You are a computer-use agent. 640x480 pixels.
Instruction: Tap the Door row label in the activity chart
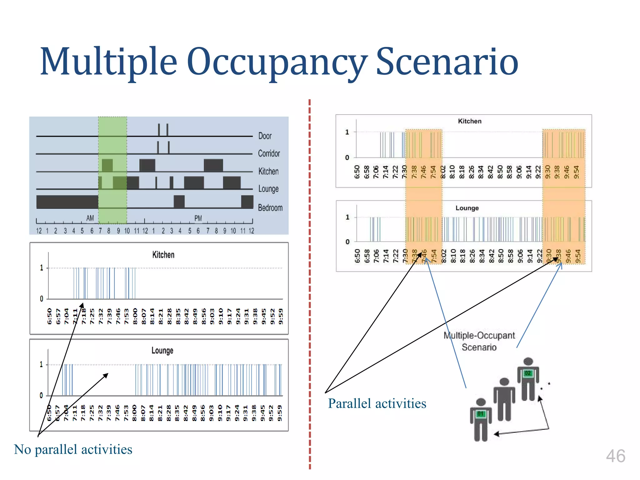pos(265,136)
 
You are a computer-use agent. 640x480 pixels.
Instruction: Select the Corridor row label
pos(269,153)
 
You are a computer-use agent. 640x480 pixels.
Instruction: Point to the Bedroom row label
pos(270,208)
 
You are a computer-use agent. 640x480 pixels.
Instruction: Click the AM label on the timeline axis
pos(90,218)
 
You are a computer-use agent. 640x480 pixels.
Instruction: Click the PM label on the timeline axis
pos(198,218)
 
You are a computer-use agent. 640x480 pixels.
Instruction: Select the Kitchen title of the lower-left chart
pos(163,255)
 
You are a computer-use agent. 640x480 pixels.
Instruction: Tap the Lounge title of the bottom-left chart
pos(162,351)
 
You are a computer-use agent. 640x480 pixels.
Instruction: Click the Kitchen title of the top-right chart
pos(469,121)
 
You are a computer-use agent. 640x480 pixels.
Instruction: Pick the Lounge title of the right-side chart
pos(467,208)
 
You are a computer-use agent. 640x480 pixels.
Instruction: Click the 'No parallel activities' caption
pos(73,449)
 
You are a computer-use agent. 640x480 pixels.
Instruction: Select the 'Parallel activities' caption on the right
pos(377,403)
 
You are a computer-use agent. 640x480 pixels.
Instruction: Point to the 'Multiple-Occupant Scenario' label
pos(479,341)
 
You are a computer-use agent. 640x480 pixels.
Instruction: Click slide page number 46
pos(615,456)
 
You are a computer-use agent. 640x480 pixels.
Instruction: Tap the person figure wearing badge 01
pos(481,419)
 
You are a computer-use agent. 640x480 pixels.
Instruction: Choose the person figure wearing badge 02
pos(528,379)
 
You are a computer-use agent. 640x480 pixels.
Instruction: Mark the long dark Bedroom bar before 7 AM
pos(67,202)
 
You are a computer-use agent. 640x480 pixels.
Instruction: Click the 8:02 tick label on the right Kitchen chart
pos(442,172)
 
